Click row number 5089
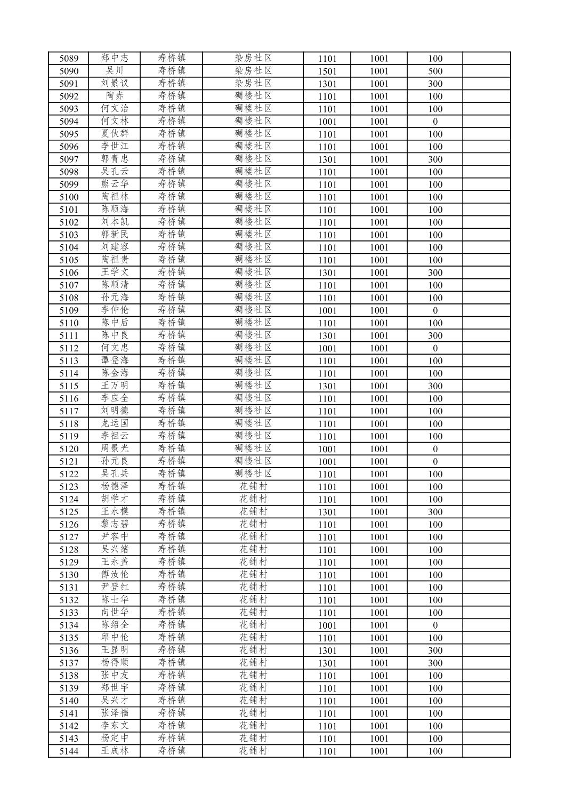69,59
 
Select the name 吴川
115,71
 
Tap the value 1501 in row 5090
327,71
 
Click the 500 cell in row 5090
435,71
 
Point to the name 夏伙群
115,134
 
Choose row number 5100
69,197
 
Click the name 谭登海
115,361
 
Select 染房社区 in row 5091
253,84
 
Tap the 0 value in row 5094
435,122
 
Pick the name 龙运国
115,424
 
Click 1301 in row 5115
327,386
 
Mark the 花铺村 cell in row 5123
253,487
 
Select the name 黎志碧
115,525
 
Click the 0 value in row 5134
435,625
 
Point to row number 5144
69,751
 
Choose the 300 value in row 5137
435,663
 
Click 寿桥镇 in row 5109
172,310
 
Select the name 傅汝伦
115,575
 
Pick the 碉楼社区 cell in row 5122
253,474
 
